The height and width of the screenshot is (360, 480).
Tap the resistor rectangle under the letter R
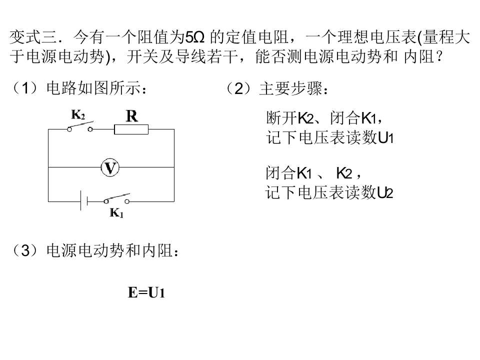pyautogui.click(x=131, y=129)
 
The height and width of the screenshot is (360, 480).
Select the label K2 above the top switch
pyautogui.click(x=77, y=114)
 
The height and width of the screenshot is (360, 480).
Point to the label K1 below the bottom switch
pyautogui.click(x=116, y=213)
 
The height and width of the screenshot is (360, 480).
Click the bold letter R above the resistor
pyautogui.click(x=131, y=116)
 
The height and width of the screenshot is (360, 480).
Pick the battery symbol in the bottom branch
pyautogui.click(x=84, y=201)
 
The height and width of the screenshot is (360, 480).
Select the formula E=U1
pyautogui.click(x=146, y=293)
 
